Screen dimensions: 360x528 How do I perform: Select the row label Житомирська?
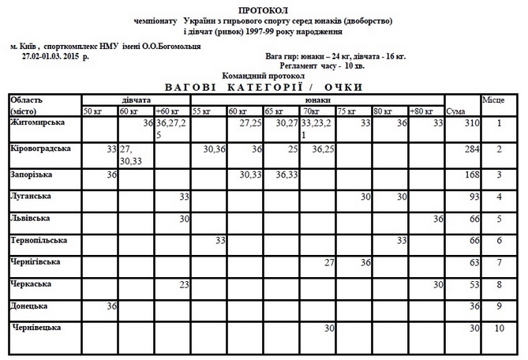(x=39, y=122)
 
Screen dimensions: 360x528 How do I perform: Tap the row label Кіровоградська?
(x=44, y=148)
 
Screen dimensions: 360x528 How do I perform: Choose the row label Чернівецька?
(x=39, y=326)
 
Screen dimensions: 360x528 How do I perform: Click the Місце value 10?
(x=499, y=327)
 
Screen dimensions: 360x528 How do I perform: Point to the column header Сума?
(x=456, y=111)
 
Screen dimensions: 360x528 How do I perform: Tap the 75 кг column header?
(x=346, y=111)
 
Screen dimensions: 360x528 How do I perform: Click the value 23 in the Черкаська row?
(x=183, y=283)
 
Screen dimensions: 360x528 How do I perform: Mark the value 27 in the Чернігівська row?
(x=331, y=261)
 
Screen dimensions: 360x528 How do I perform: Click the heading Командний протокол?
(x=263, y=76)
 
